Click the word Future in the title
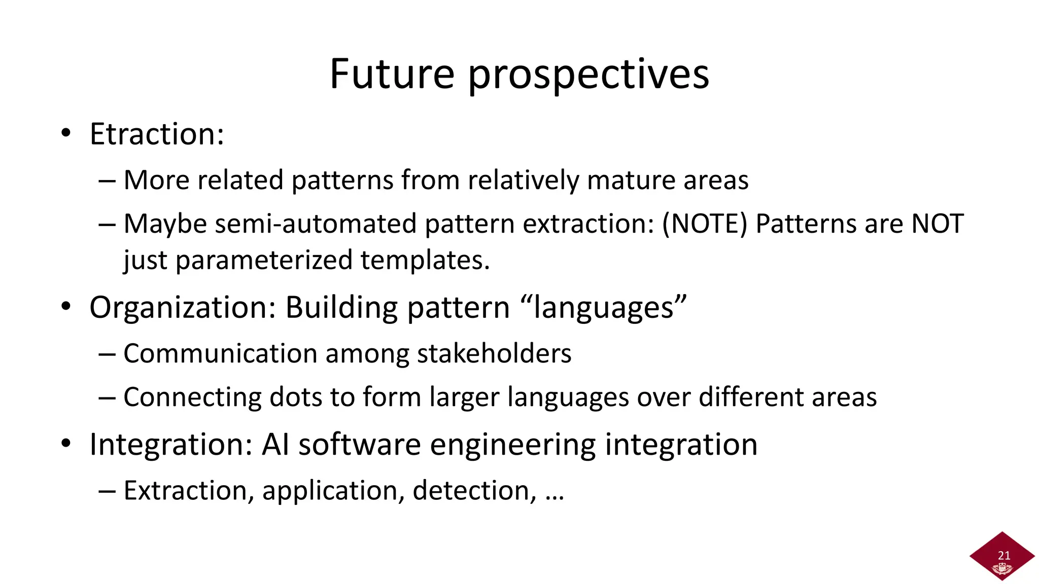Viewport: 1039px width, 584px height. [x=392, y=74]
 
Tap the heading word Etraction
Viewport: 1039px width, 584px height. [x=157, y=134]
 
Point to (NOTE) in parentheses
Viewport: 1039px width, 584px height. [x=705, y=224]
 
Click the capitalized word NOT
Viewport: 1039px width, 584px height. [x=937, y=224]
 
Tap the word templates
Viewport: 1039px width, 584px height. [x=425, y=261]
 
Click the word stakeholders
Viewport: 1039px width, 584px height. [x=494, y=354]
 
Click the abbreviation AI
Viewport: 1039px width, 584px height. [x=275, y=445]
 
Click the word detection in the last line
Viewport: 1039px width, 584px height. [x=474, y=491]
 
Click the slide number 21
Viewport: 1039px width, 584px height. [x=1003, y=555]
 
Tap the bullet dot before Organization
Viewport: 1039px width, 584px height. [x=66, y=307]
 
